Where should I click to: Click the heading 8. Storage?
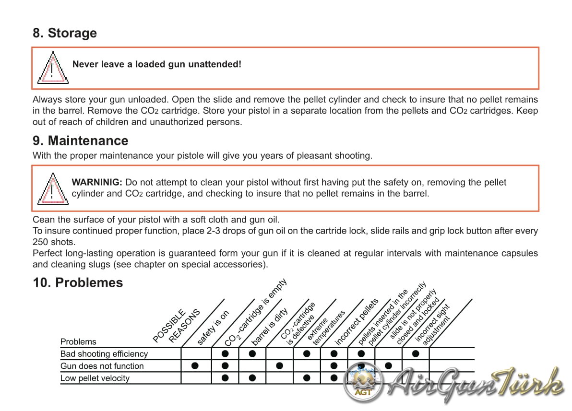coord(65,33)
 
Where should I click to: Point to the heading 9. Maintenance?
coord(81,141)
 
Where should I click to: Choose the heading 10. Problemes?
coord(78,282)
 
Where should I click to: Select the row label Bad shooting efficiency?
coord(104,354)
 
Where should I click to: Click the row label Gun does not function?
coord(102,366)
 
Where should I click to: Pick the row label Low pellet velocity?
coord(95,378)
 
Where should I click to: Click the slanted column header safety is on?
coord(214,327)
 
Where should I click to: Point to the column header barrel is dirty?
coord(270,326)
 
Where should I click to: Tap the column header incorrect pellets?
coord(357,322)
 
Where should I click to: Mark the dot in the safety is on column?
coord(195,366)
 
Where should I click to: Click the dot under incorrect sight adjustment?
coord(416,354)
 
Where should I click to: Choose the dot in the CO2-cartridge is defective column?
coord(280,366)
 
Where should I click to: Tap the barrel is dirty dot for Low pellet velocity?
coord(252,378)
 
